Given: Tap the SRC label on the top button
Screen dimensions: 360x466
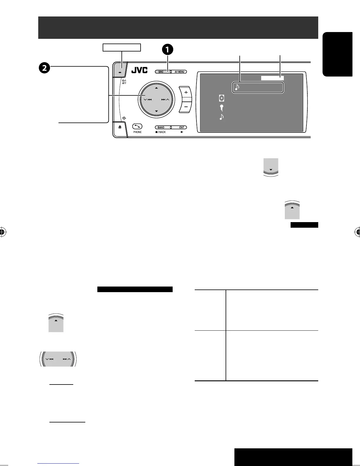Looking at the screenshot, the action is pos(161,72).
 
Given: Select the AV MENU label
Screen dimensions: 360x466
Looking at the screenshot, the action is pos(179,72).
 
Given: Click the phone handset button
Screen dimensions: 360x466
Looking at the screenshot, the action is pos(137,126).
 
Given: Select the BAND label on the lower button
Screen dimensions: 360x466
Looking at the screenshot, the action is pos(161,127).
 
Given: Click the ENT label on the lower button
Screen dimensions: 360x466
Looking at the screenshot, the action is pos(182,127).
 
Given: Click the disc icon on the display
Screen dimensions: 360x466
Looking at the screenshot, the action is pos(221,98).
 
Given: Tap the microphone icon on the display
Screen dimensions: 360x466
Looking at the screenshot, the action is pos(221,107).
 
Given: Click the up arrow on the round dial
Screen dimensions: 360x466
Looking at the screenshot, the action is pos(156,88).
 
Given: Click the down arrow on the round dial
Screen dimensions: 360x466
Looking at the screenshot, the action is pos(156,111).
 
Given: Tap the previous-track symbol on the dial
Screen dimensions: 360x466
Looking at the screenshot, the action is pos(149,100).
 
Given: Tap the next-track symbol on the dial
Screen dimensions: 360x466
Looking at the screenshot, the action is pos(164,100).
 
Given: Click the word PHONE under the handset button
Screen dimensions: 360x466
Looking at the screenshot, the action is pos(137,132).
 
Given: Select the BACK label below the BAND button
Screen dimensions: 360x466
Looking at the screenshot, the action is pos(162,132).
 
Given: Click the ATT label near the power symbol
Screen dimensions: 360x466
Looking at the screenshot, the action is pos(124,83).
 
